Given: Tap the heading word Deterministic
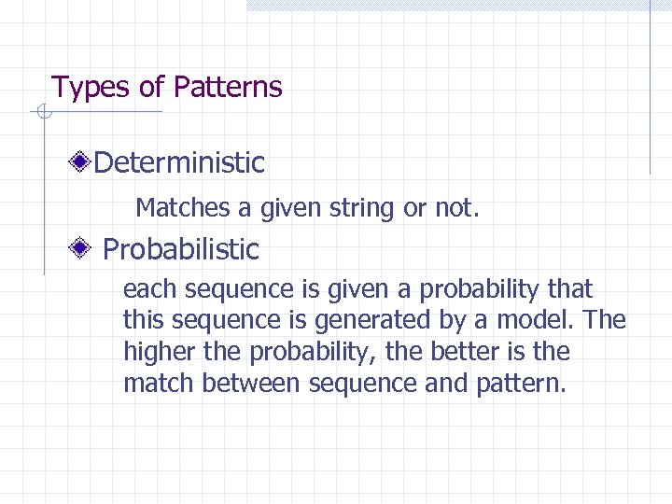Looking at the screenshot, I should pos(179,163).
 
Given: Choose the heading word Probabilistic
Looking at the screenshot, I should pos(181,250).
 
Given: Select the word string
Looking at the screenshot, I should pos(363,207).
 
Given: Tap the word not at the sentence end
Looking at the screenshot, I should pos(455,207).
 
